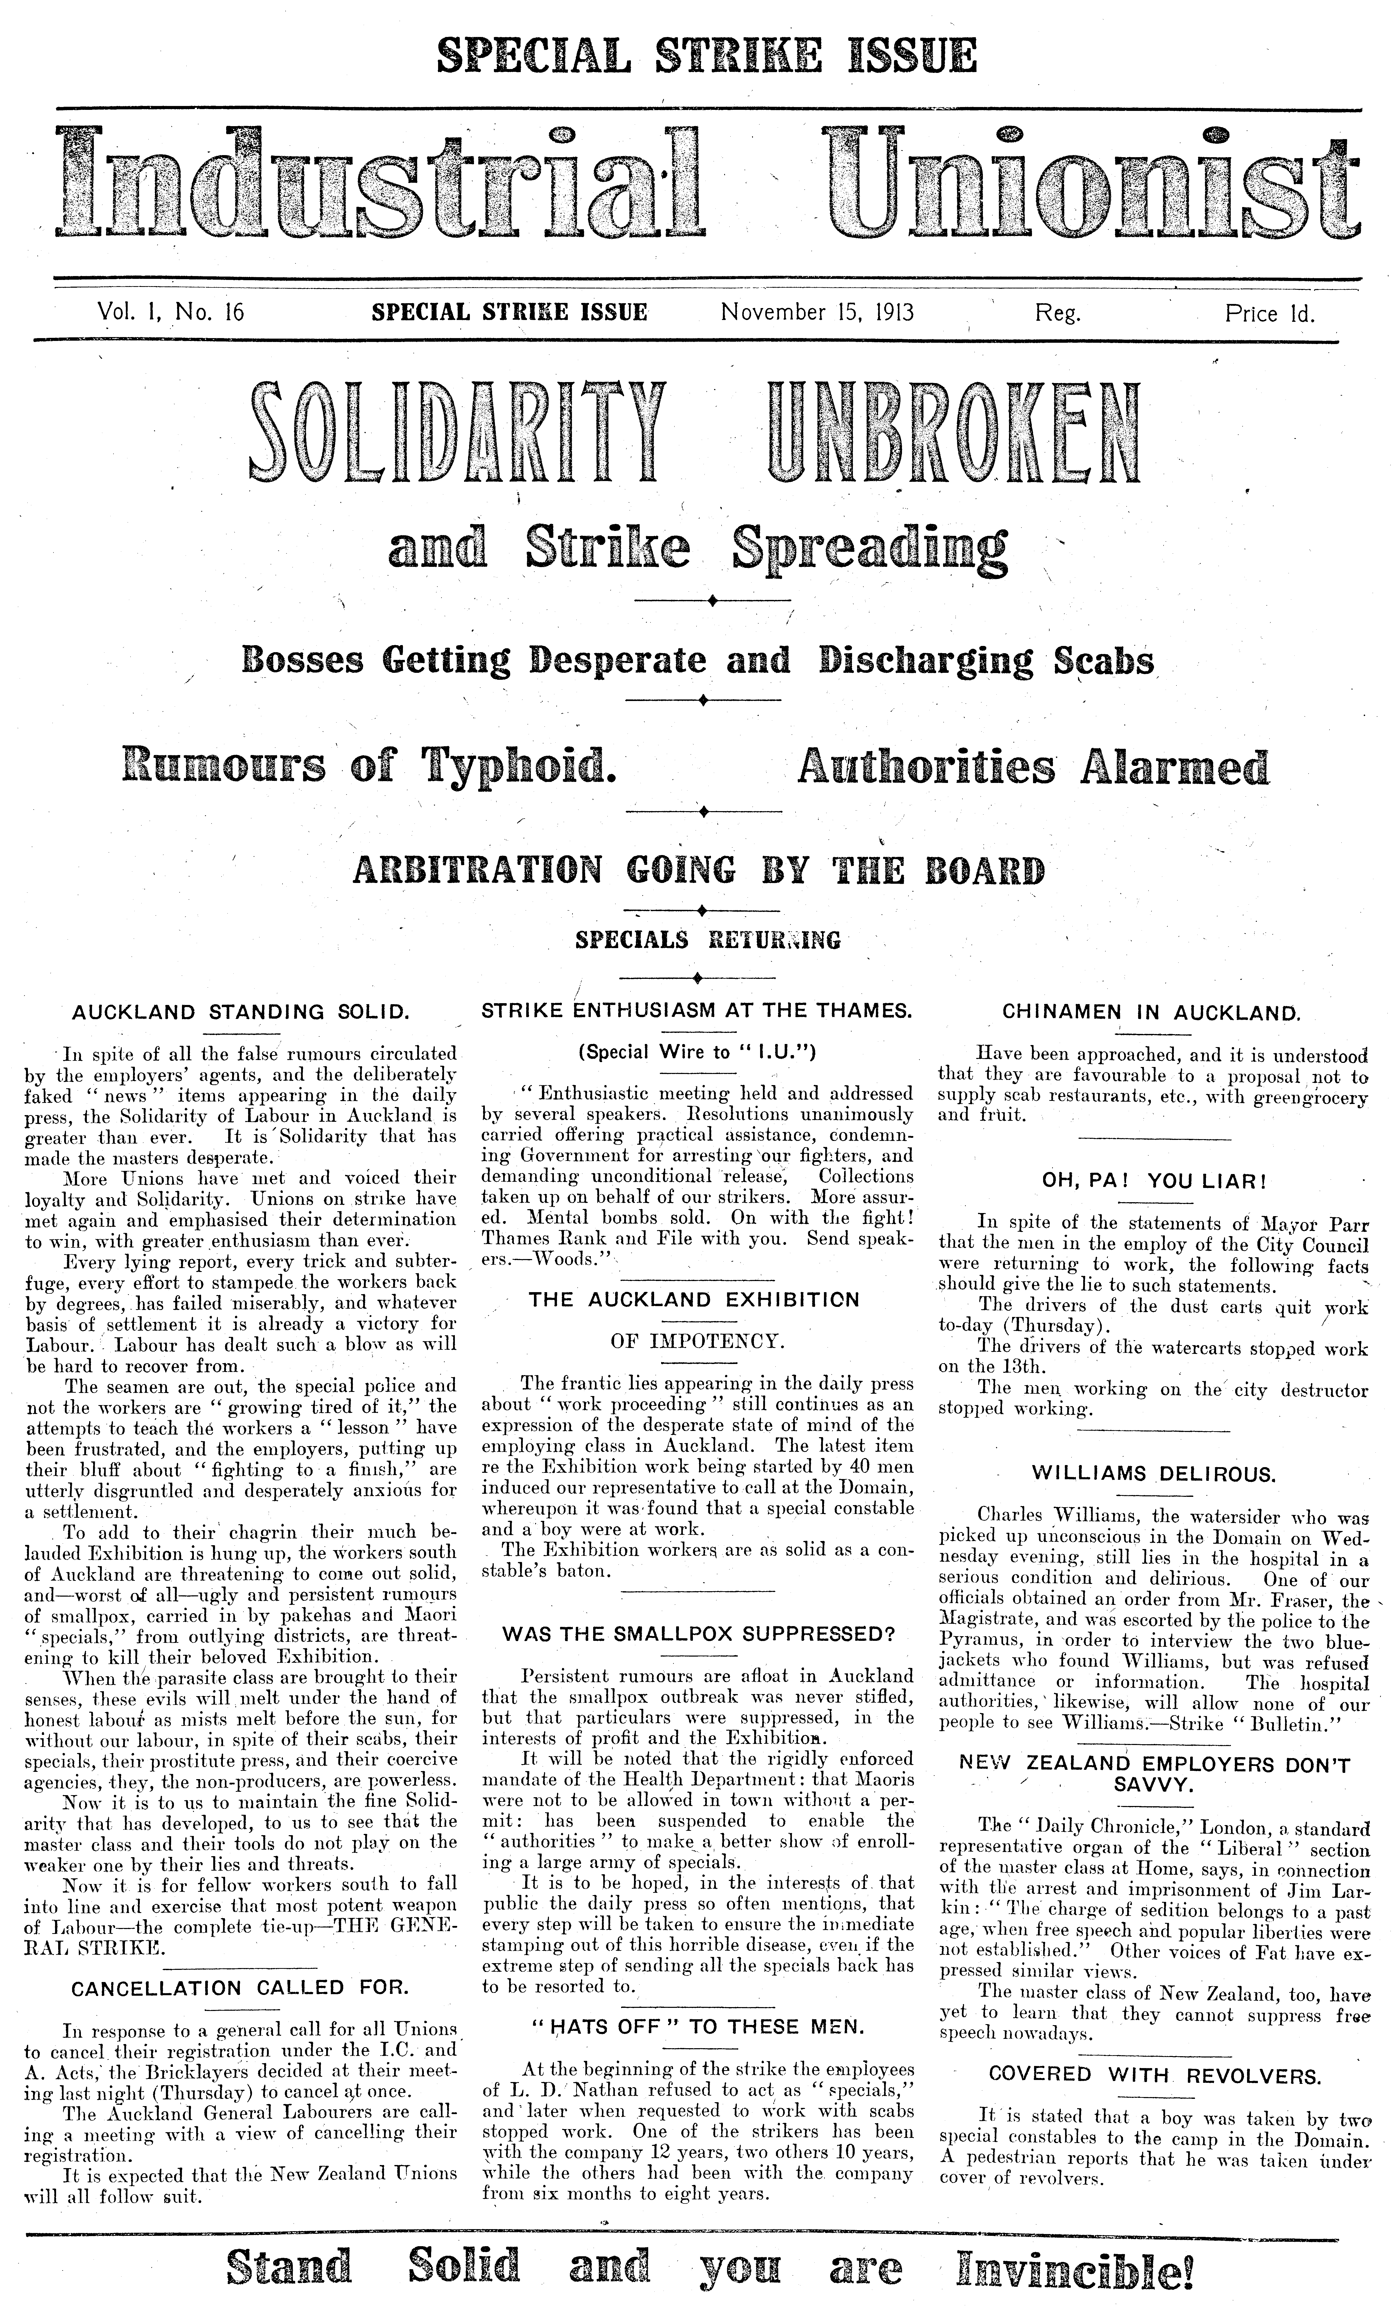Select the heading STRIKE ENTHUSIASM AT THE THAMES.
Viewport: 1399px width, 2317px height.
point(697,1012)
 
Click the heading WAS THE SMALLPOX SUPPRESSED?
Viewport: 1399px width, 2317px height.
point(697,1634)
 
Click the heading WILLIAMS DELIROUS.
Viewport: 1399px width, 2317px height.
point(1154,1474)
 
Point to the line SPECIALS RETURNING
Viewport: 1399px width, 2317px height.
point(707,939)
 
